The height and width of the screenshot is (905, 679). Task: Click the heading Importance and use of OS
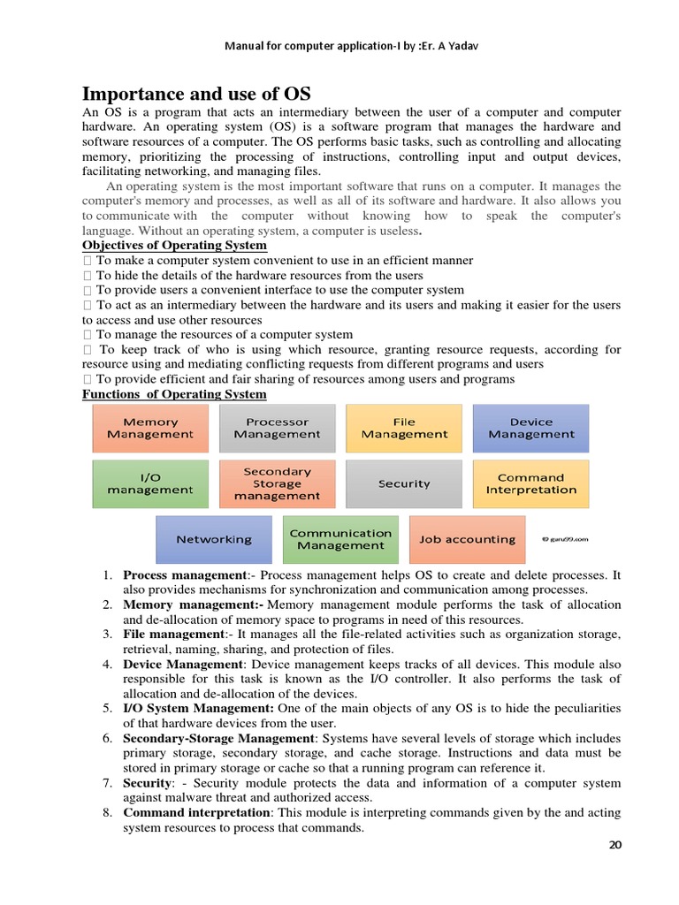[x=196, y=94]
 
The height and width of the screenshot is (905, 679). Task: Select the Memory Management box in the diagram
[x=150, y=429]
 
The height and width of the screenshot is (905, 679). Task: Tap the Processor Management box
[x=277, y=429]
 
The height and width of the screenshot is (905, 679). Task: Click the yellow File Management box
[x=404, y=429]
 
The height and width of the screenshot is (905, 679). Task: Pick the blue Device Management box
[x=530, y=429]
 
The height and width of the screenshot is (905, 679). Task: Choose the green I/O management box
[x=150, y=483]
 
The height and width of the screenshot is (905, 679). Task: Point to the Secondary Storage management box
[x=277, y=483]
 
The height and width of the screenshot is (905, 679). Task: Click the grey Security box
[x=404, y=483]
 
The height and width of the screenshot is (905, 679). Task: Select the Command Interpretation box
[x=530, y=483]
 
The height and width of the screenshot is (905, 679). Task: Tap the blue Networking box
[x=213, y=539]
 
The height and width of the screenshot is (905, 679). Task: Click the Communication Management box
[x=340, y=539]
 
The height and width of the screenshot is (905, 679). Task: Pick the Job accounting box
[x=467, y=539]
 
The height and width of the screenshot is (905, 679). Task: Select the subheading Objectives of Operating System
[x=174, y=245]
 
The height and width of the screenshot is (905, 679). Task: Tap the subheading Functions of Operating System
[x=173, y=393]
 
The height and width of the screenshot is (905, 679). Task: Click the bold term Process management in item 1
[x=172, y=575]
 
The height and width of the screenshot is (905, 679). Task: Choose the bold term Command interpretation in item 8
[x=196, y=812]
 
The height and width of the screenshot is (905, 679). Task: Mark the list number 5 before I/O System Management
[x=106, y=708]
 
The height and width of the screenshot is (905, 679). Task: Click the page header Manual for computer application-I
[x=339, y=47]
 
